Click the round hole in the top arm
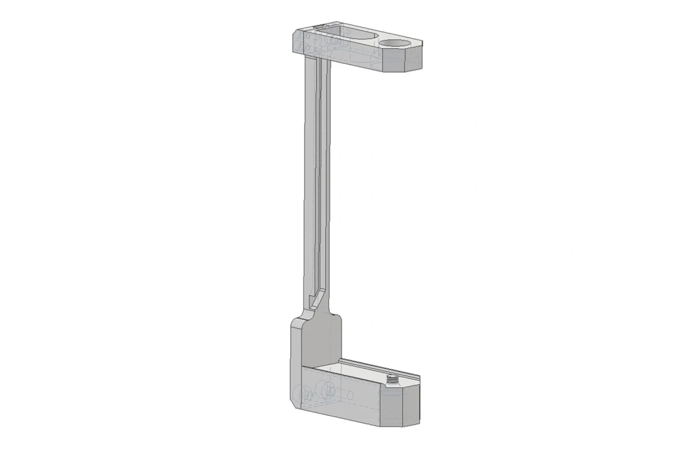(393, 43)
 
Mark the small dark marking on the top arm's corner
(321, 26)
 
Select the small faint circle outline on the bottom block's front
(350, 396)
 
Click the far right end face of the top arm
(413, 60)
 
